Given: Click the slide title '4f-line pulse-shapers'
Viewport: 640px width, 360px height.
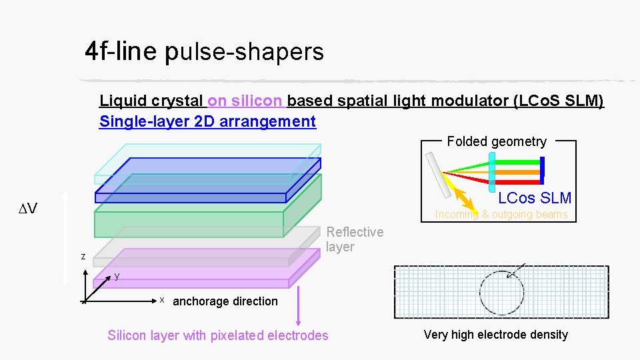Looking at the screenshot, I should click(x=204, y=51).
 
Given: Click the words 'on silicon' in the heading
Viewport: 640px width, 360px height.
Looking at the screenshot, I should click(x=245, y=101).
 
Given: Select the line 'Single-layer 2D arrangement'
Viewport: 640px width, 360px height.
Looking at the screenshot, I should click(x=207, y=121).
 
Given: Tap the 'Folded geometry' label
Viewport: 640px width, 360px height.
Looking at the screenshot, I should click(x=496, y=141).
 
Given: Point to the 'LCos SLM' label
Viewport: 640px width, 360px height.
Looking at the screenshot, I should click(x=535, y=198).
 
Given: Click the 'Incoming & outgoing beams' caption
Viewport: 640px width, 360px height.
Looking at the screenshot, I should click(x=501, y=215).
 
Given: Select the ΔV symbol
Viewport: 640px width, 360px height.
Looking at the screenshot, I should click(x=27, y=209).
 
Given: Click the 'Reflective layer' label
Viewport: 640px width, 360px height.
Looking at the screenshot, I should click(x=355, y=239).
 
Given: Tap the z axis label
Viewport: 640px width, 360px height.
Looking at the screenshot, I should click(x=83, y=256).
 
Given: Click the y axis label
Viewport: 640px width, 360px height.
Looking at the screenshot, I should click(x=116, y=275).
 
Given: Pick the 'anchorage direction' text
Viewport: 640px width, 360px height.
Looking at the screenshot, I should click(x=225, y=301).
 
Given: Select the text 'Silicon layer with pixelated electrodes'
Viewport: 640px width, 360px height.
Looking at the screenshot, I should click(x=218, y=335).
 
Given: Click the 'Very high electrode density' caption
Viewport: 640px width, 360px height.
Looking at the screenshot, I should click(x=495, y=335).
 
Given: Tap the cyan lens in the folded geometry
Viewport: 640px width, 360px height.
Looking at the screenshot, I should click(x=492, y=171).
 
